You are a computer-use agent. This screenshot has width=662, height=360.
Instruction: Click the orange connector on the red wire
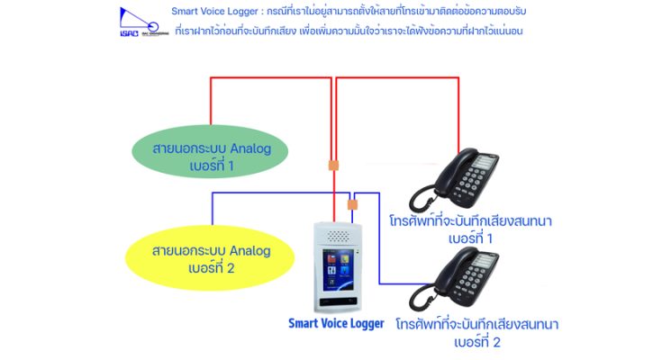[x=333, y=166]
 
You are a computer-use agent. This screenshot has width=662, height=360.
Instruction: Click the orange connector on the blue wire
[x=352, y=204]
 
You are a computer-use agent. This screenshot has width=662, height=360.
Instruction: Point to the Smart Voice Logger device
[x=336, y=265]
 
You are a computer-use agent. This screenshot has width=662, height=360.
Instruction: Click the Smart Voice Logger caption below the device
[x=336, y=322]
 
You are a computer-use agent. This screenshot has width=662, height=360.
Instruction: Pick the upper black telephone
[x=456, y=180]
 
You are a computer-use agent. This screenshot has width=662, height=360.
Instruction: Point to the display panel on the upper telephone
[x=484, y=163]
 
